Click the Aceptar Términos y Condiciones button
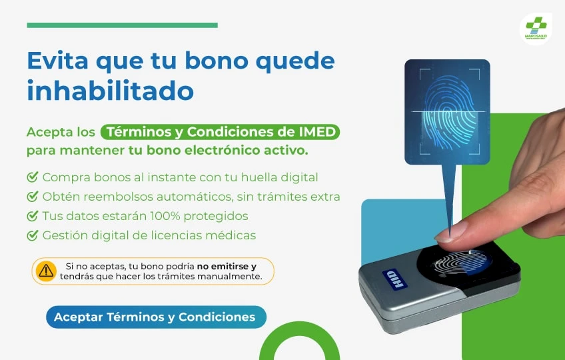pos(156,317)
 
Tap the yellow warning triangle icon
pos(46,271)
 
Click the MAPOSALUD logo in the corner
pos(536,29)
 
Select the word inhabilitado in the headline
pos(110,90)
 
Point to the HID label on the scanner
pos(395,279)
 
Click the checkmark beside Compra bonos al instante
pos(33,177)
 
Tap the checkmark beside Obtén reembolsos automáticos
pos(33,196)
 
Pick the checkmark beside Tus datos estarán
pos(33,216)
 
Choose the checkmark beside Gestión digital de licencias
pos(33,235)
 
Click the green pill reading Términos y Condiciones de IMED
pos(220,132)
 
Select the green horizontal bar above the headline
pos(122,25)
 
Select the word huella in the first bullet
pos(259,177)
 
